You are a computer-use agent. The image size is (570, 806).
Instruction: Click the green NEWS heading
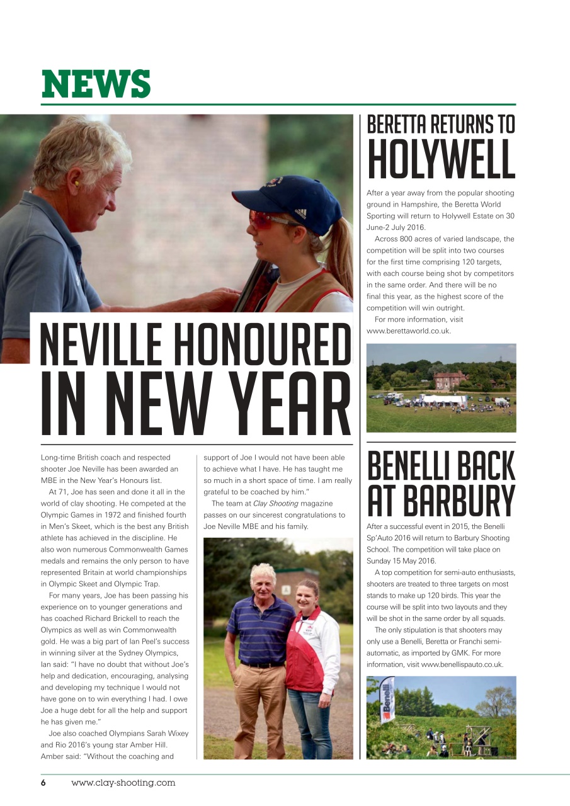(96, 84)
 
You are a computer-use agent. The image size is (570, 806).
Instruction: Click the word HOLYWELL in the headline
(441, 159)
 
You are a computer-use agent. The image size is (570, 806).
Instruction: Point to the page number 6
(43, 783)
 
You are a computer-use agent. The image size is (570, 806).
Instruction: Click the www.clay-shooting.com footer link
(123, 783)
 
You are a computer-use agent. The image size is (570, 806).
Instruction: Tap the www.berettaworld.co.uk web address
(408, 331)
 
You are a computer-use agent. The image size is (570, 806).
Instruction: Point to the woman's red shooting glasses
(263, 219)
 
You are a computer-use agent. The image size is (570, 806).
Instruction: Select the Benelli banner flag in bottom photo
(388, 699)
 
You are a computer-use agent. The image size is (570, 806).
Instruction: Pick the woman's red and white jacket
(313, 655)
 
